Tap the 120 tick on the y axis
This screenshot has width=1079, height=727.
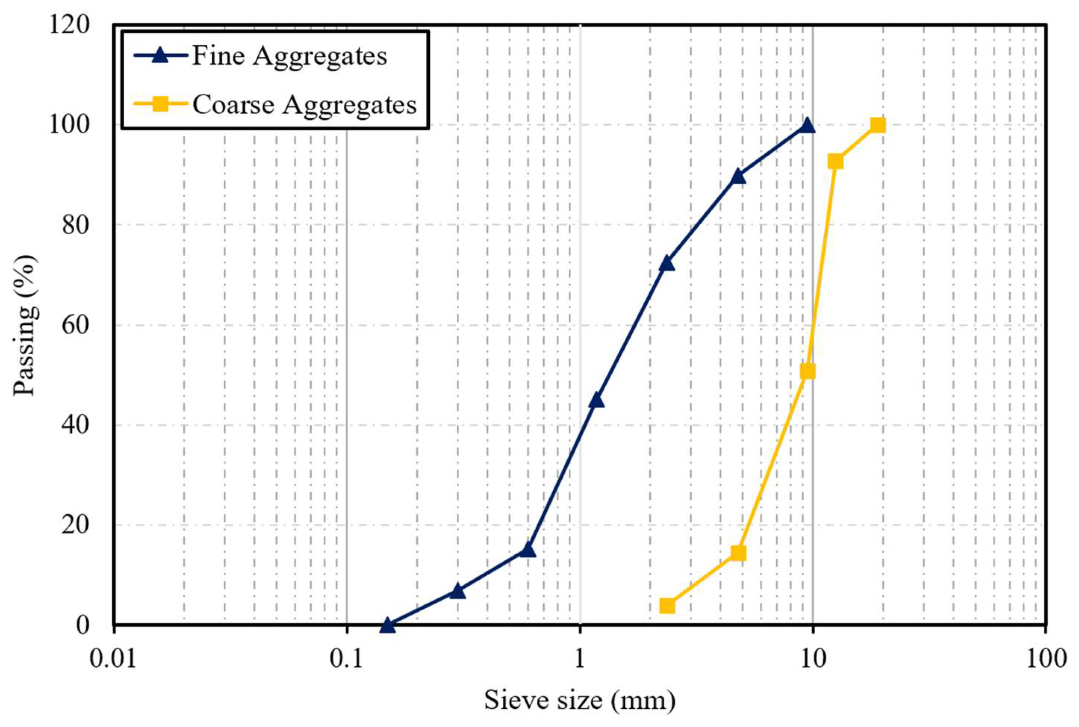(69, 24)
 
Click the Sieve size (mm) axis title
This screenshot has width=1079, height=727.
(579, 700)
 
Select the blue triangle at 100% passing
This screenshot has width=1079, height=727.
(807, 125)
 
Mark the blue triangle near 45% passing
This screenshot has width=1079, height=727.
(596, 400)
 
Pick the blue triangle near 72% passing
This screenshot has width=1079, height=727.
(667, 263)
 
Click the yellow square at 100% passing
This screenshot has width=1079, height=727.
(878, 125)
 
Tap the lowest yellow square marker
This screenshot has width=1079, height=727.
(667, 606)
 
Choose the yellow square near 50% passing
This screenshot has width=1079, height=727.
(808, 371)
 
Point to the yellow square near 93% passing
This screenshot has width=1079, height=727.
(835, 161)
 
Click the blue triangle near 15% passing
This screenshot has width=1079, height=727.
(527, 550)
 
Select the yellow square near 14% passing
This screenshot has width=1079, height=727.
(738, 553)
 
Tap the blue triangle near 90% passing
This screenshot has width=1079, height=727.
(738, 176)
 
